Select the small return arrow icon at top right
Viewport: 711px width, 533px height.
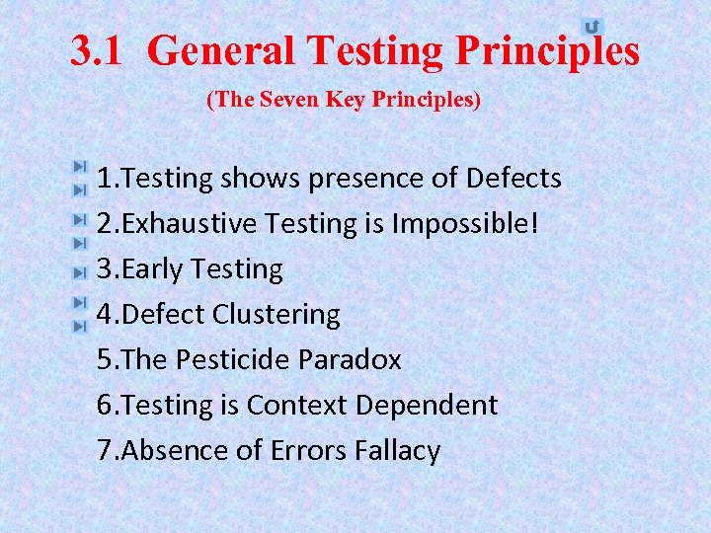click(x=592, y=27)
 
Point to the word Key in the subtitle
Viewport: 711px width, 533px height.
click(x=338, y=100)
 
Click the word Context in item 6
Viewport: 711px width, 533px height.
click(x=297, y=406)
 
